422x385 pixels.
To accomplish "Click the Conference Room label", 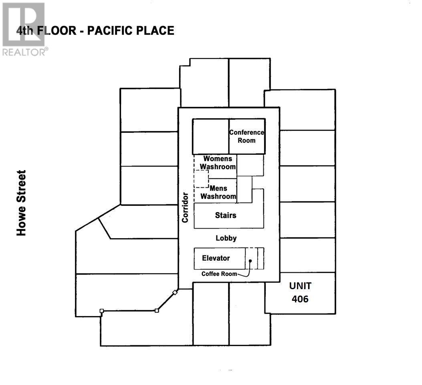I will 246,136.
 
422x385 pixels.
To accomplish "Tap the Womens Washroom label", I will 218,163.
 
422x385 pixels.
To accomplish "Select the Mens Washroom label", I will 218,192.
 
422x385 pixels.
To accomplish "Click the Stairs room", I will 226,215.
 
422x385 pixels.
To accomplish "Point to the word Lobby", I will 226,238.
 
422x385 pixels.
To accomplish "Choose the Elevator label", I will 216,258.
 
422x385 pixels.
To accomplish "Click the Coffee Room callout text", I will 218,274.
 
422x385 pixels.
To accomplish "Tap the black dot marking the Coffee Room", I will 250,261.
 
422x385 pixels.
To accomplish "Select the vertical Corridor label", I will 185,207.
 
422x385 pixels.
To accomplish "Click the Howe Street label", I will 21,203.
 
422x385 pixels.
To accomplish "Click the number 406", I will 300,299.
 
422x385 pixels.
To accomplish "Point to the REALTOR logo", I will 24,28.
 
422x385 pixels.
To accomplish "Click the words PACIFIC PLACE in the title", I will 131,31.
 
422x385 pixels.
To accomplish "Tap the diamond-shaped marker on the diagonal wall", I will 174,292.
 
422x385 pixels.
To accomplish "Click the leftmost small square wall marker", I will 102,311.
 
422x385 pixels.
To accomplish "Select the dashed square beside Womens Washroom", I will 201,178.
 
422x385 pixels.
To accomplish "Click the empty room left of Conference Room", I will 210,136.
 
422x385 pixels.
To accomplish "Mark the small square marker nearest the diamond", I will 157,310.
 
